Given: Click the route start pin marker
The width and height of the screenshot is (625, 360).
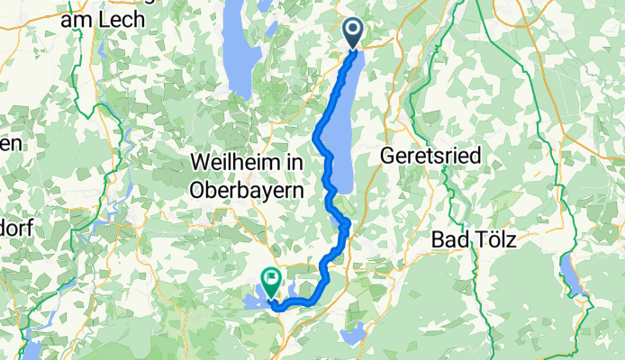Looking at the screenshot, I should [x=352, y=34].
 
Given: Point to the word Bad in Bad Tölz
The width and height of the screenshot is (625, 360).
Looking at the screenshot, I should [x=448, y=240].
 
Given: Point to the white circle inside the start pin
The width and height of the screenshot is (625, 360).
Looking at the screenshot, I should [x=352, y=30].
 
